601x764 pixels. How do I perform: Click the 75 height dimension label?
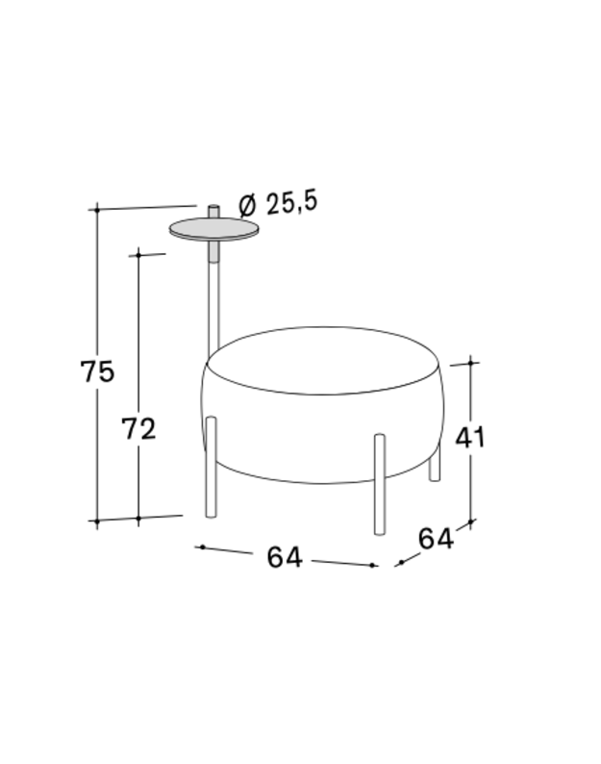[x=97, y=371]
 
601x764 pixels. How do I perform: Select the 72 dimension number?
[x=138, y=429]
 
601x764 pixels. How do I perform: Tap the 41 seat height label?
[x=470, y=438]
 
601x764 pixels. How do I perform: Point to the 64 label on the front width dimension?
[x=285, y=557]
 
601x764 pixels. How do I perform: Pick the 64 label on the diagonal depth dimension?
[x=435, y=540]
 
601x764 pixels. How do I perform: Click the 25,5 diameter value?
[x=291, y=203]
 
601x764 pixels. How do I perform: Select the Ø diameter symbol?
[x=246, y=205]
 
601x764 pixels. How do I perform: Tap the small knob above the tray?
[x=213, y=210]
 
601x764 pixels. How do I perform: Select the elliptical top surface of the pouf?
[x=325, y=360]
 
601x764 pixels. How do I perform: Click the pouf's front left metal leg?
[x=212, y=470]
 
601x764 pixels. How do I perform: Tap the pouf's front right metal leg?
[x=379, y=483]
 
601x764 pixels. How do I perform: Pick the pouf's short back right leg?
[x=435, y=464]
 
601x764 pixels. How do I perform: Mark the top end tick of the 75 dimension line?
[x=96, y=208]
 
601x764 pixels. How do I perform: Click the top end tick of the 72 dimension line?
[x=139, y=255]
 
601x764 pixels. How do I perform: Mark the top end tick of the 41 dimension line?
[x=470, y=363]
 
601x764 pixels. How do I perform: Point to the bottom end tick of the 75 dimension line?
[x=96, y=521]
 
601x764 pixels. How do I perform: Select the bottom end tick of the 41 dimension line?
[x=470, y=522]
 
